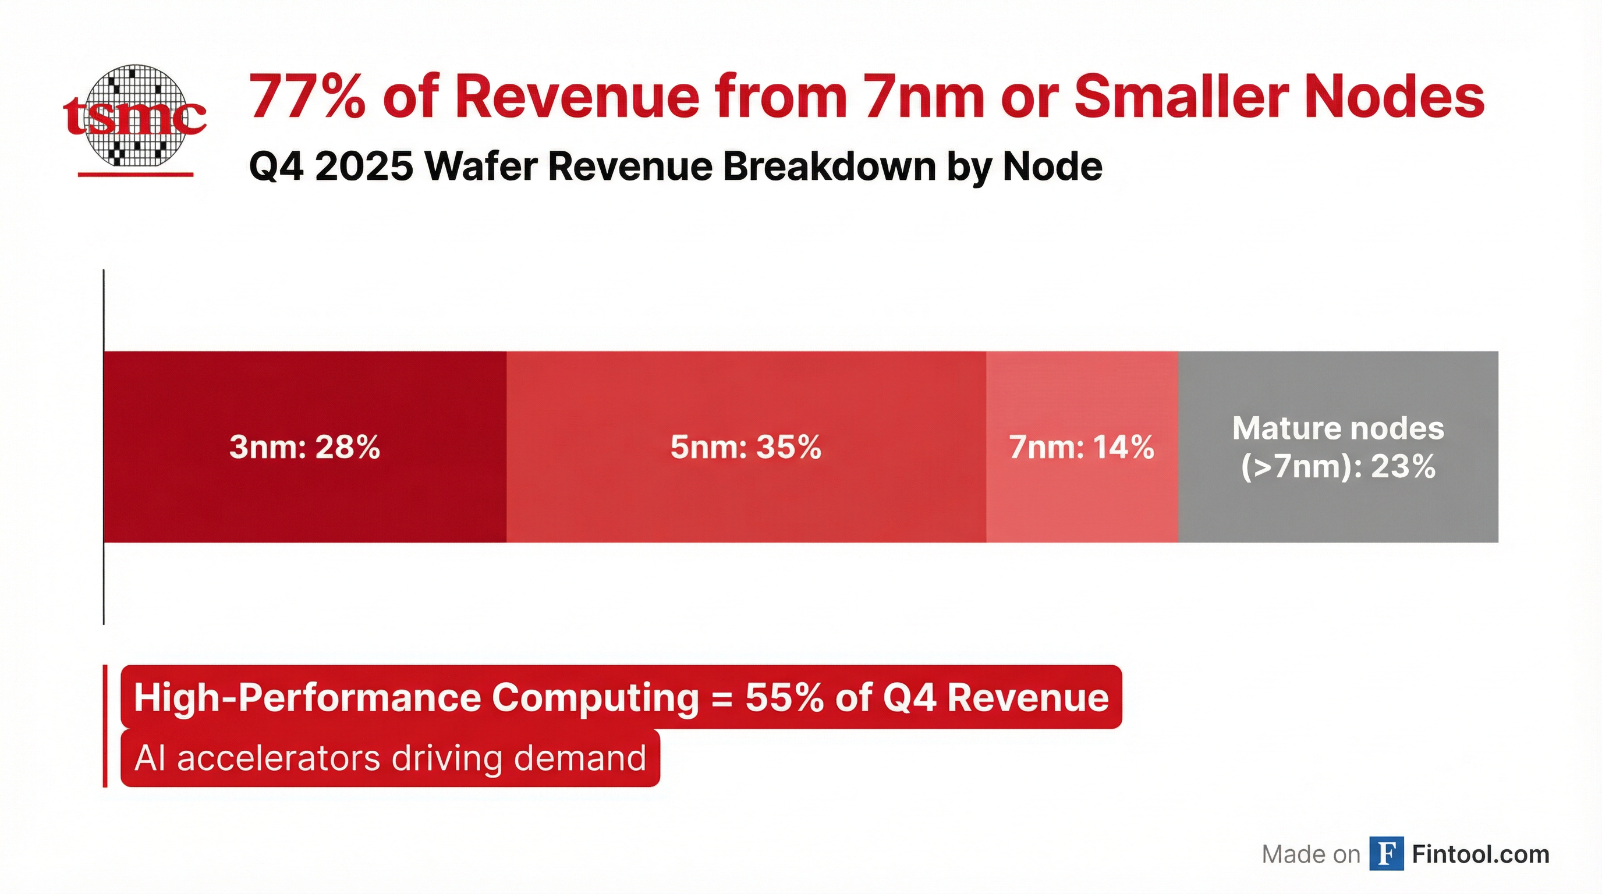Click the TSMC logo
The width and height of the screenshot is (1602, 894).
tap(134, 116)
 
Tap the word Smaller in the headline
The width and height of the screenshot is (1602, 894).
tap(1182, 97)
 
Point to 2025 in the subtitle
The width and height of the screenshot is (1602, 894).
tap(364, 166)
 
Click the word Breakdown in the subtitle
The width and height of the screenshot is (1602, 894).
tap(830, 166)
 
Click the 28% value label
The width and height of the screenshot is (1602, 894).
tap(348, 447)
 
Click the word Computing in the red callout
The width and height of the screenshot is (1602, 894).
tap(595, 697)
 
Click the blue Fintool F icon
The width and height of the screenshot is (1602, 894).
tap(1386, 854)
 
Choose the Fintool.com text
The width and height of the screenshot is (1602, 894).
tap(1481, 854)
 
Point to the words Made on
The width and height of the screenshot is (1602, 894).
tap(1311, 855)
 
